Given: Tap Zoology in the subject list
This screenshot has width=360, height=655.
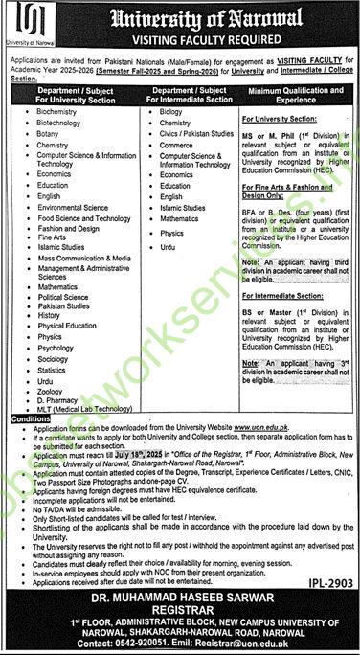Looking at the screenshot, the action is point(51,392).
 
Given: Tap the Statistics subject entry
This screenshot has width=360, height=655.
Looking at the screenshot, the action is point(53,370).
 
